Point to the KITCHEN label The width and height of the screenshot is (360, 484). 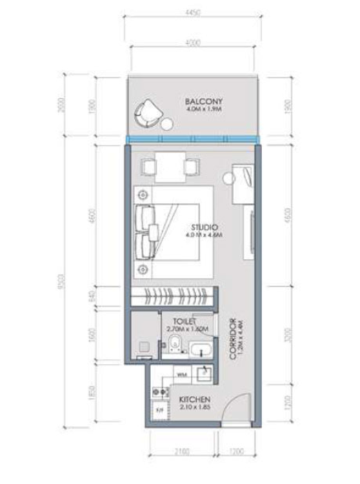tap(194, 401)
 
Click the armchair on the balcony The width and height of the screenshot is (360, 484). tap(147, 113)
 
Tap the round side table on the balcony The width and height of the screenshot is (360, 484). tap(167, 125)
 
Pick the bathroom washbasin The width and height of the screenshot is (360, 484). tap(201, 348)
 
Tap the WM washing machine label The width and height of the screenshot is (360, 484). tap(182, 374)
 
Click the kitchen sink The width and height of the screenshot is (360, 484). tap(206, 374)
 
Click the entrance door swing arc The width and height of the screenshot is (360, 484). tap(237, 408)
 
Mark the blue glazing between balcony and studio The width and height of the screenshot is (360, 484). tap(192, 141)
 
